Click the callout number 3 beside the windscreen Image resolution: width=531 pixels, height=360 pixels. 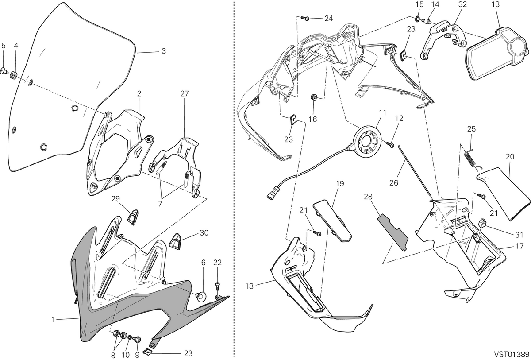pos(164,51)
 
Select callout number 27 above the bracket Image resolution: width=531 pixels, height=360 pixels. pos(185,94)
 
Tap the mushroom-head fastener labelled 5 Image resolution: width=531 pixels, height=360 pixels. pos(4,71)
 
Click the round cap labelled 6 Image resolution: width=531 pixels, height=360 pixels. pos(201,296)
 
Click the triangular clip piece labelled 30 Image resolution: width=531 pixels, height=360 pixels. pos(175,241)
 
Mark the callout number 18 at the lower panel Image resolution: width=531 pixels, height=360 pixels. pos(249,286)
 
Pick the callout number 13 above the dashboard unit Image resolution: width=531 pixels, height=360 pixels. pos(496,4)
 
